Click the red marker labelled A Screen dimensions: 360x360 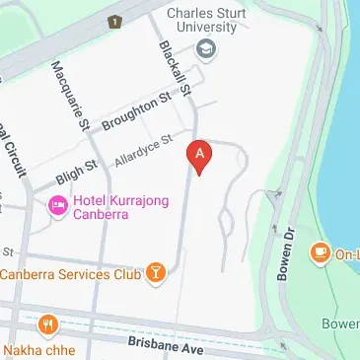[x=200, y=156]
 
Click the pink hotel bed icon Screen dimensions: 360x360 [x=58, y=205]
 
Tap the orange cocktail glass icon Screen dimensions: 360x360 [x=154, y=272]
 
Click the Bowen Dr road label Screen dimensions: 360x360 [x=286, y=252]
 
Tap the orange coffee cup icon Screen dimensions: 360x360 [x=320, y=253]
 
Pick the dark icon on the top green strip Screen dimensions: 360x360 [x=116, y=19]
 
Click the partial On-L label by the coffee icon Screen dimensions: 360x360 [x=346, y=253]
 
